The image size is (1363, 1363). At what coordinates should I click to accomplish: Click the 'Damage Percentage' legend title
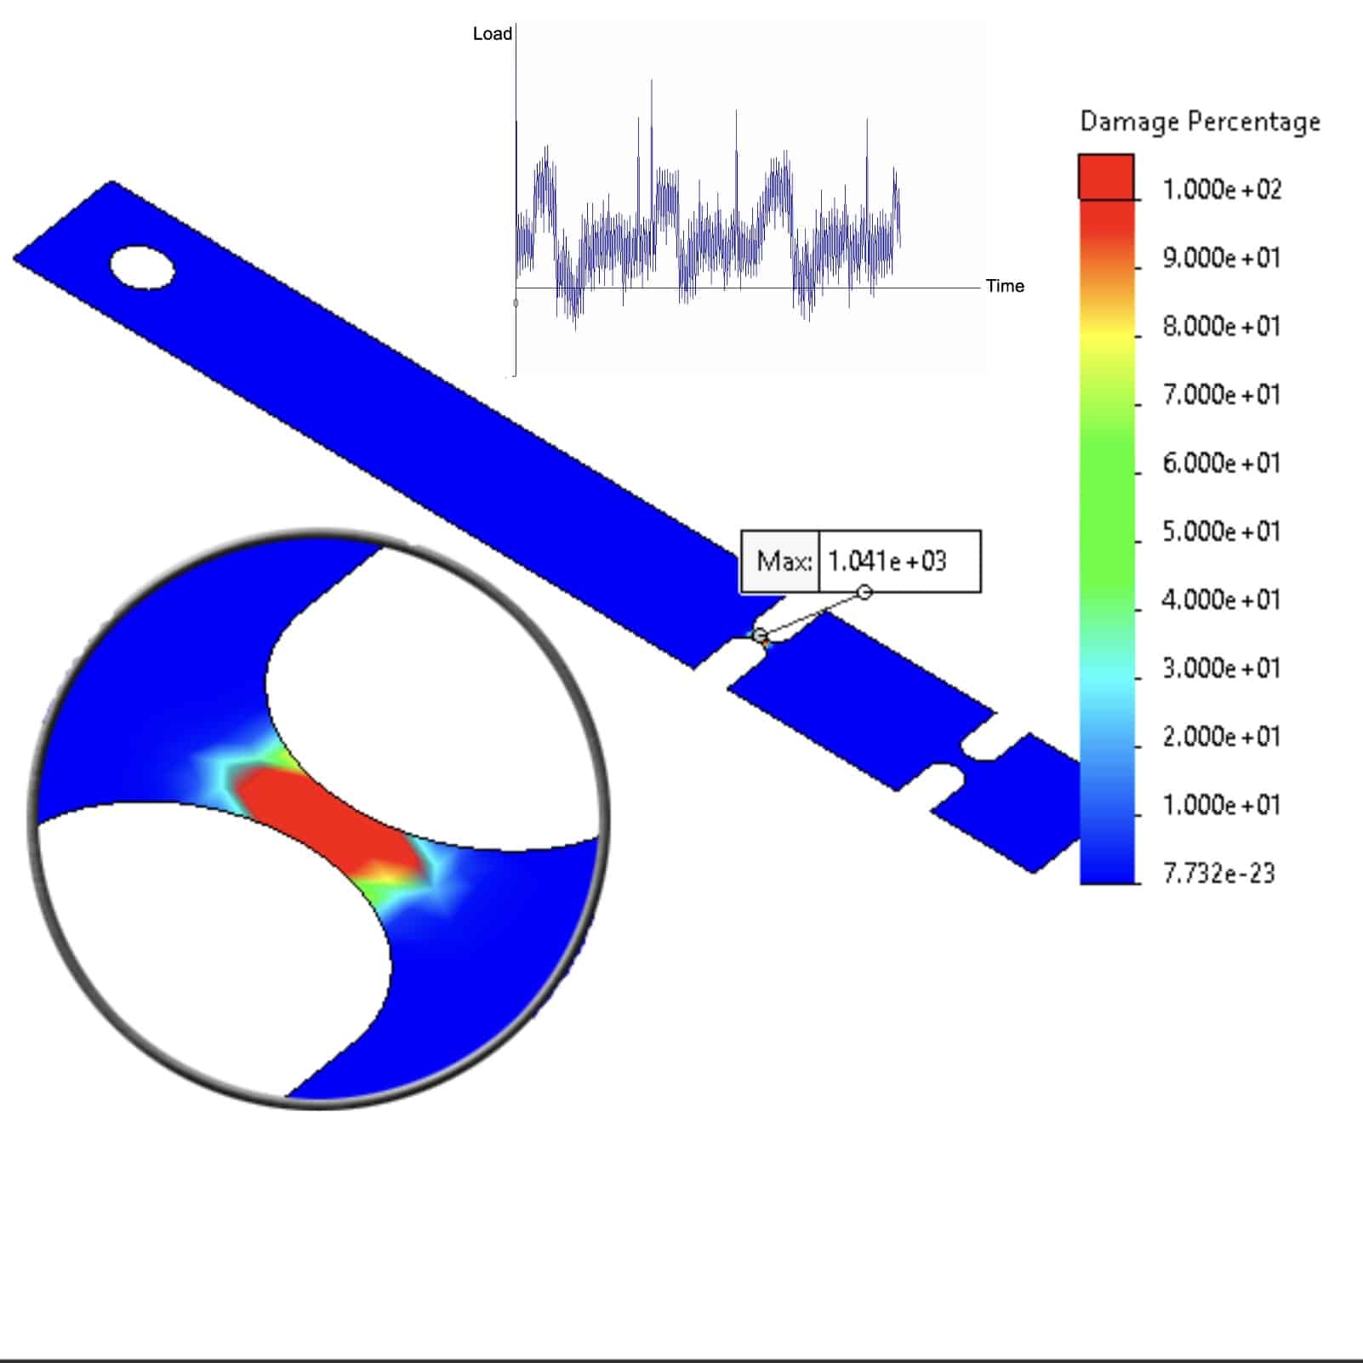1200,122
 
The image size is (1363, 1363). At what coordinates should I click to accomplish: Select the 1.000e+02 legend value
1222,189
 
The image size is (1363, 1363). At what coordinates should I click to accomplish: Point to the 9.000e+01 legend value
1222,258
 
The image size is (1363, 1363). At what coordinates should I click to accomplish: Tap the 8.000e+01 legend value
1222,326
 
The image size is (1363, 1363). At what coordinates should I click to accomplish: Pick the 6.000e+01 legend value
1222,463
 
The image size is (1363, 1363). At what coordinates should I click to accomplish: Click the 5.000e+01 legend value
1222,531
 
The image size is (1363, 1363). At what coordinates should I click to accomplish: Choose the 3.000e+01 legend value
1222,668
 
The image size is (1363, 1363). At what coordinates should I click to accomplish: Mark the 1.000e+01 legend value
1222,805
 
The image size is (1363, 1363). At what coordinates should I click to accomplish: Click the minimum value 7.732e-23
1219,873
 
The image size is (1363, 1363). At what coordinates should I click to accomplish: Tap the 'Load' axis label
493,34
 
